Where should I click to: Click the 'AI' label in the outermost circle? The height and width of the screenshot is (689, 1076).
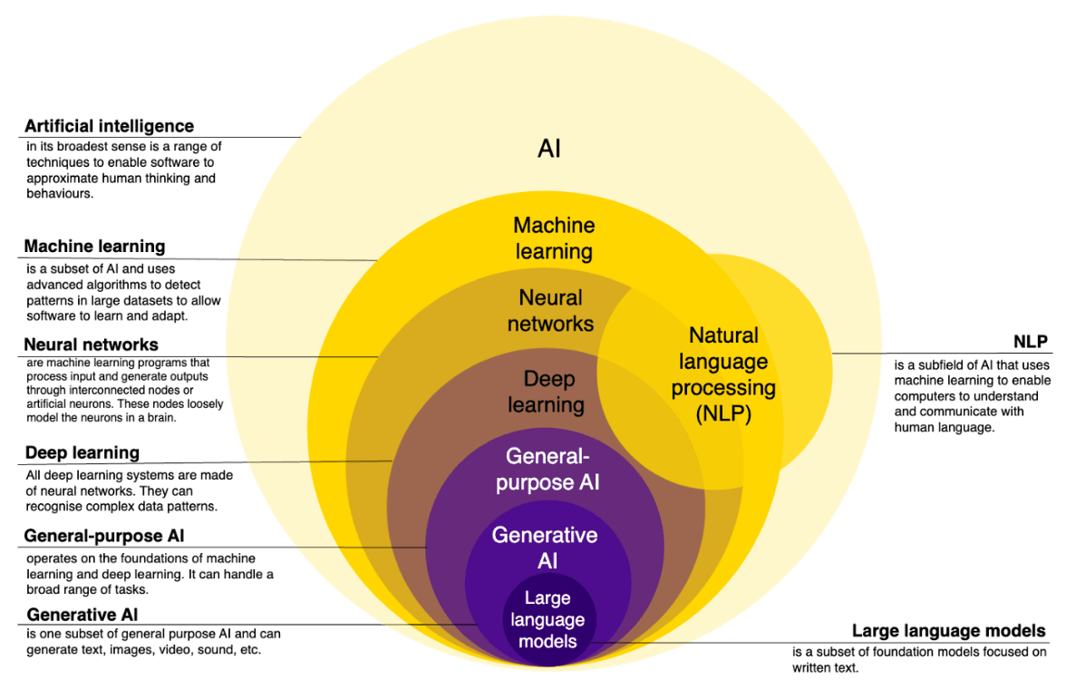(549, 149)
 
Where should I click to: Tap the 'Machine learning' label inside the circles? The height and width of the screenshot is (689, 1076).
(553, 238)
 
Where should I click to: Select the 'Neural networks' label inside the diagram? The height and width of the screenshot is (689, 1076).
(550, 310)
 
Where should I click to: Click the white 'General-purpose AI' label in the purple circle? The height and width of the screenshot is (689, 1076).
(547, 469)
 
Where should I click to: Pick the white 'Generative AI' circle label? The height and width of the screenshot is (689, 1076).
(545, 548)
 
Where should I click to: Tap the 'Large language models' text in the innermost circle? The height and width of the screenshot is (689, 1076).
(547, 619)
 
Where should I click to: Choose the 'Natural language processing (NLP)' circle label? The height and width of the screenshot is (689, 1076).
(723, 374)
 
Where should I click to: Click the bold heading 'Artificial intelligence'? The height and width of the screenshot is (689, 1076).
(109, 126)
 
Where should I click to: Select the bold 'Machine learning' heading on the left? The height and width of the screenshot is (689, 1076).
(94, 246)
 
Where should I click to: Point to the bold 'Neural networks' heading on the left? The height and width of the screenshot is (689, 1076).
(91, 344)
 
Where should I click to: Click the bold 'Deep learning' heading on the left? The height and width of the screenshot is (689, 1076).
(82, 452)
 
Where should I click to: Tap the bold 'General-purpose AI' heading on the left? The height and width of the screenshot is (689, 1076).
(105, 536)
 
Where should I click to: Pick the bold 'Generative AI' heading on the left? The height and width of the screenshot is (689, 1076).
(82, 615)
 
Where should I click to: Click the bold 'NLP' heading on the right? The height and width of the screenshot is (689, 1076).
(1030, 342)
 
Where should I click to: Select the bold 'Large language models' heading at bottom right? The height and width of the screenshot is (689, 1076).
(948, 631)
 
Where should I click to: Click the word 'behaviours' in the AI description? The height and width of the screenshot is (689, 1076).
(58, 193)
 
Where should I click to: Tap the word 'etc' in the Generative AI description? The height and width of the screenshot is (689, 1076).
(250, 650)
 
